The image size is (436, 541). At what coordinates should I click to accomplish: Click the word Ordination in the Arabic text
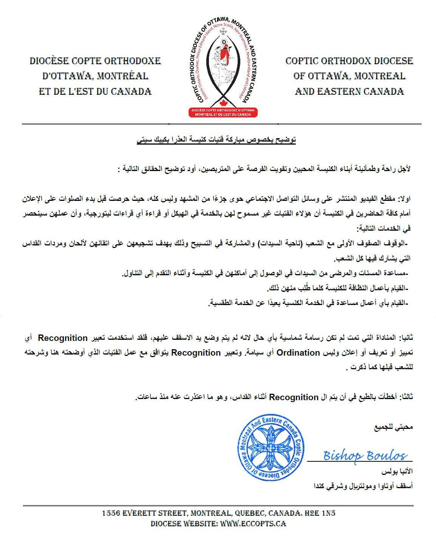tap(299, 353)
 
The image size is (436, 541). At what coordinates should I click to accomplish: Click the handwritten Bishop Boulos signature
tap(365, 455)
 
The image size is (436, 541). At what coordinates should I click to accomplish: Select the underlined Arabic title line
tap(216, 140)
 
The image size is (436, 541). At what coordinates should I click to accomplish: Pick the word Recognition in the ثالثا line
tap(294, 397)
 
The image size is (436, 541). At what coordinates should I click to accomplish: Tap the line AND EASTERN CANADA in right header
tap(349, 91)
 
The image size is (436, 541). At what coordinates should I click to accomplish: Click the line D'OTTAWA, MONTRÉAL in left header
tap(95, 76)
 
